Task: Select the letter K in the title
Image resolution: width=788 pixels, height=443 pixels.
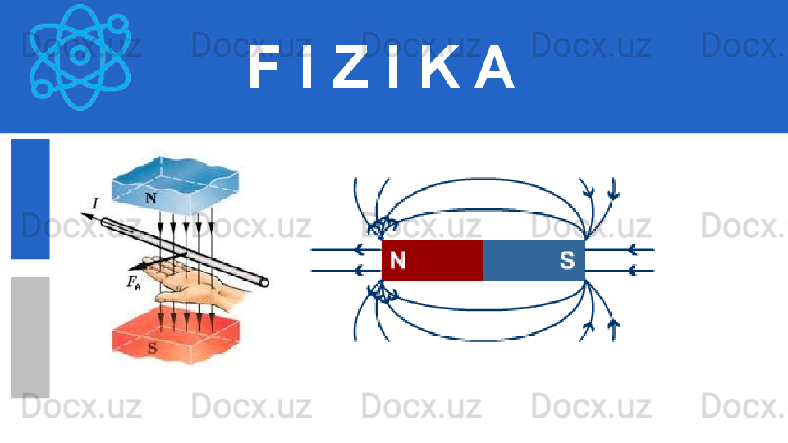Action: click(x=443, y=69)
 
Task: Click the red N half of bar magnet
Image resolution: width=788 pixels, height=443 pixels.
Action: click(x=433, y=260)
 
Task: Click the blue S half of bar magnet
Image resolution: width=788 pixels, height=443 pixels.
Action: click(x=534, y=260)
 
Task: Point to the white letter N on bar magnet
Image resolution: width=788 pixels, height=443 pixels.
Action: click(x=397, y=260)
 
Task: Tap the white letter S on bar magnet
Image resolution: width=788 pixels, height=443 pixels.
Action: click(x=567, y=260)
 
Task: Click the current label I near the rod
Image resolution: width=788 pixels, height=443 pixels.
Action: click(x=95, y=203)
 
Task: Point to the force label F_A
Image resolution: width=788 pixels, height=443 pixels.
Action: click(x=134, y=284)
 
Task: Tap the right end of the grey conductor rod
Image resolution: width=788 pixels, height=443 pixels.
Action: click(x=263, y=282)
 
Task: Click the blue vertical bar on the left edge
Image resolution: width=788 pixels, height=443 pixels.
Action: click(x=30, y=198)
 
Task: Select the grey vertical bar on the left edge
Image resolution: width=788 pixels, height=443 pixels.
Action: click(x=30, y=336)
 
